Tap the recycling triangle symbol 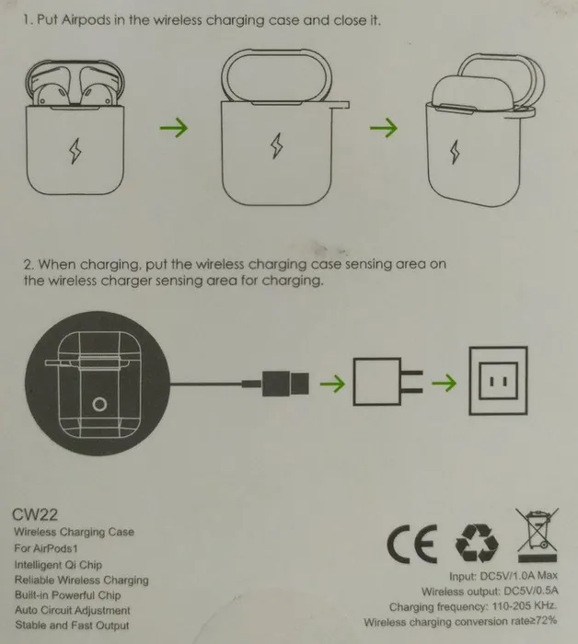point(477,543)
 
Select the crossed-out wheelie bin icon point(538,535)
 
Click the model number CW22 point(35,514)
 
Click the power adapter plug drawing point(387,382)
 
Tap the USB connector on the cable point(285,384)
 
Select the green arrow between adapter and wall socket point(444,384)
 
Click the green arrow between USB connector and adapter point(332,384)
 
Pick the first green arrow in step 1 point(174,127)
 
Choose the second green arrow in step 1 point(384,128)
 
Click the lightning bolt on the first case point(75,151)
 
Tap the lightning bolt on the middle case point(277,145)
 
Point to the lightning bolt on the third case point(455,152)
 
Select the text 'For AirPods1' point(46,548)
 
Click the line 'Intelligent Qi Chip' point(58,565)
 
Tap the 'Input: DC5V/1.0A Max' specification point(503,576)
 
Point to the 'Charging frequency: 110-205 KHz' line point(473,606)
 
